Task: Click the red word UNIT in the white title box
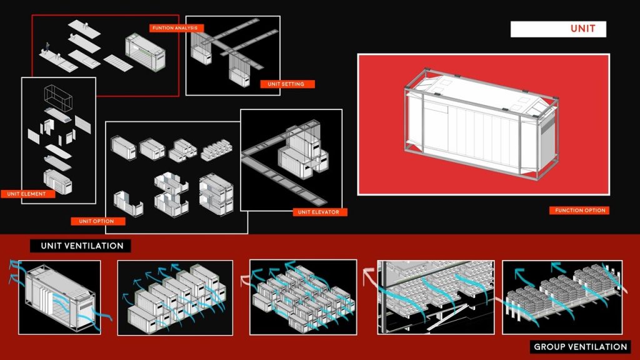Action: [x=582, y=29]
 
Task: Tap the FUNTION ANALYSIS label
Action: [x=175, y=27]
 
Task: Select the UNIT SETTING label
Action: [x=286, y=84]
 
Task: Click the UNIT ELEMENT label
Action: [x=26, y=194]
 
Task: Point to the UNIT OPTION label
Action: [x=97, y=221]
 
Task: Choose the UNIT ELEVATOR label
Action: [x=319, y=212]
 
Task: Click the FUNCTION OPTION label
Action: [x=580, y=210]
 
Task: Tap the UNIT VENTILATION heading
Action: [x=82, y=246]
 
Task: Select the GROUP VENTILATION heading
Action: [x=581, y=347]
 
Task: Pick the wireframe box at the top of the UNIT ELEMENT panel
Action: [x=58, y=96]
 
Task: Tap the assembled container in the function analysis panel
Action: [x=145, y=52]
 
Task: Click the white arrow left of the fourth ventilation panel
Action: [x=369, y=277]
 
